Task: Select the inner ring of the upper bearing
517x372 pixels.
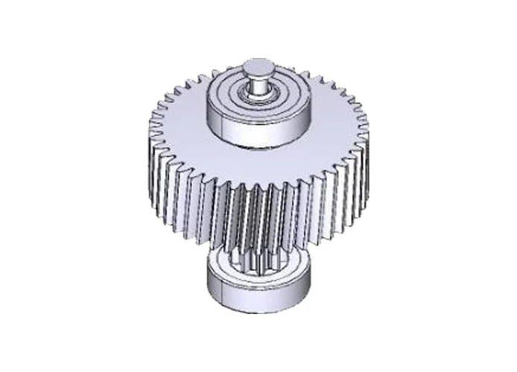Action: [258, 95]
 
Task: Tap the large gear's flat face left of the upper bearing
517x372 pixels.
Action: [179, 126]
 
